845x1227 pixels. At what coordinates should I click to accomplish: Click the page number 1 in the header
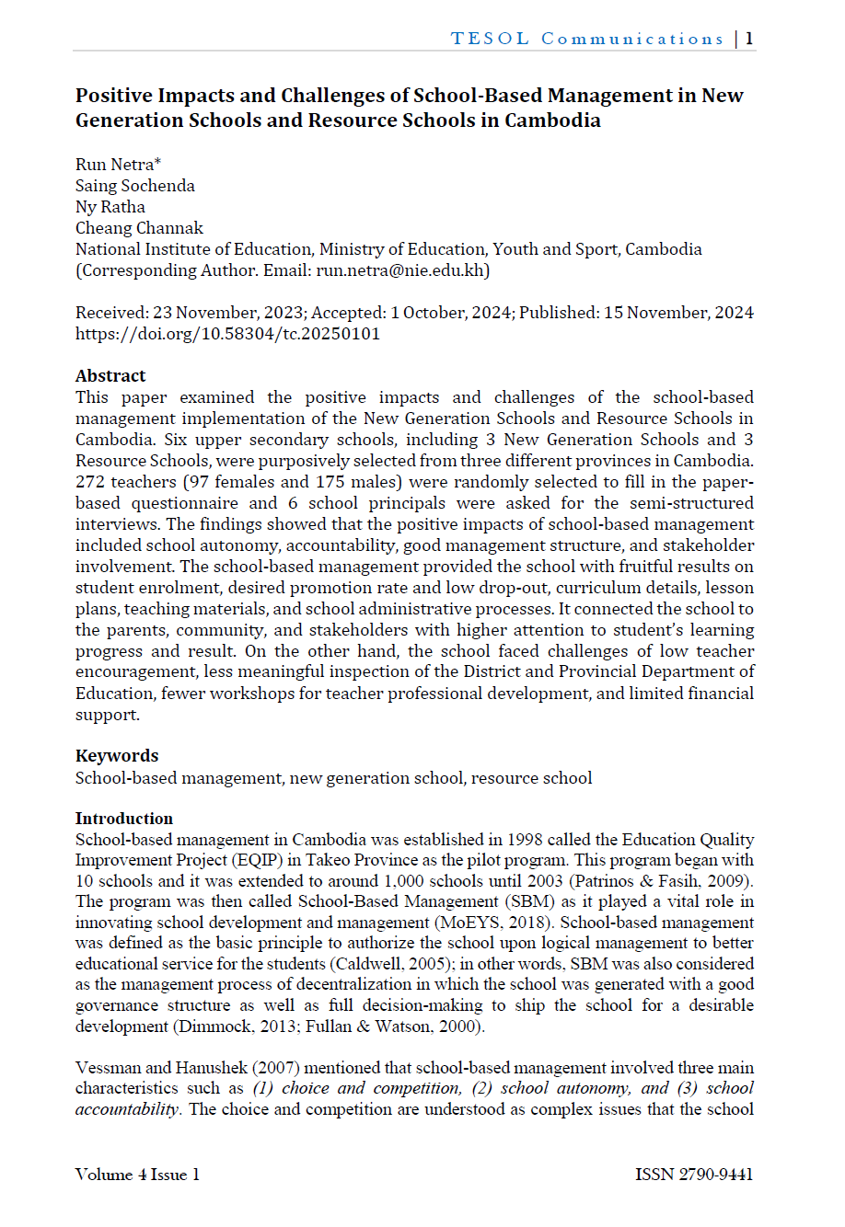pyautogui.click(x=749, y=39)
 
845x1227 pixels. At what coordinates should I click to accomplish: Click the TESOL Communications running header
pyautogui.click(x=586, y=39)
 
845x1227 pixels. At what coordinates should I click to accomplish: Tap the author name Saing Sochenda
pyautogui.click(x=135, y=186)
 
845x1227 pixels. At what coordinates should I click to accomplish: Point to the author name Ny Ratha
pyautogui.click(x=110, y=207)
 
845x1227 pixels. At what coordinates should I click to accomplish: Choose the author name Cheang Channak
pyautogui.click(x=139, y=228)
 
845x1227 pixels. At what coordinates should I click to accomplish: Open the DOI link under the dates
pyautogui.click(x=227, y=334)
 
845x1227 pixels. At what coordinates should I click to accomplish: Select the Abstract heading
pyautogui.click(x=110, y=376)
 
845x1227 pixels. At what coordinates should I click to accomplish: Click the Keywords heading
pyautogui.click(x=117, y=756)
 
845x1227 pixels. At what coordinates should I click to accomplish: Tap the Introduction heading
pyautogui.click(x=124, y=819)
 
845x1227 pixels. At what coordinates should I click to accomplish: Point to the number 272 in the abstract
pyautogui.click(x=90, y=482)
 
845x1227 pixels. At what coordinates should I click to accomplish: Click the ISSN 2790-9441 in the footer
pyautogui.click(x=694, y=1175)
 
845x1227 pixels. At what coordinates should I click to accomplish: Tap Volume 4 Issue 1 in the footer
pyautogui.click(x=137, y=1175)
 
